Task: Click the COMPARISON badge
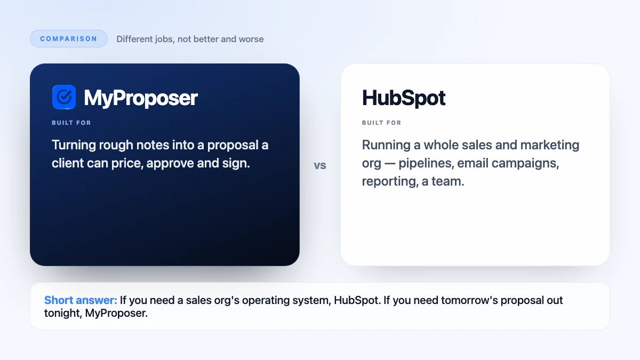coord(69,38)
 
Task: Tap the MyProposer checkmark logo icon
coord(64,97)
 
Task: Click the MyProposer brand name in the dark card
coord(141,98)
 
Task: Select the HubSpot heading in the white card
coord(403,98)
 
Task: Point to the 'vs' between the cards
coord(320,165)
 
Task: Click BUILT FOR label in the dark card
coord(71,123)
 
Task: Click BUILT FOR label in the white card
coord(382,123)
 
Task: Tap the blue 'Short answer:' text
coord(81,300)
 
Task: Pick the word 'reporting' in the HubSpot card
coord(389,181)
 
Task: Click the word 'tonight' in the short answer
coord(63,313)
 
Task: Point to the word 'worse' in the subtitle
coord(251,39)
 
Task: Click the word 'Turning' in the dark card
coord(74,145)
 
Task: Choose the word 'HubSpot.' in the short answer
coord(357,300)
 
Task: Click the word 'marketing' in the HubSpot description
coord(550,145)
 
